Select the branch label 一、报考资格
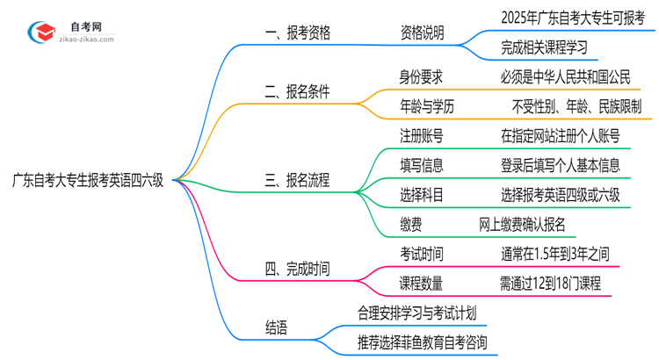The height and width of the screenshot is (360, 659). click(x=298, y=34)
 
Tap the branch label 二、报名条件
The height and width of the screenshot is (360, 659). click(x=298, y=91)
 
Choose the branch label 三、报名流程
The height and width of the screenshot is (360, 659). click(x=298, y=180)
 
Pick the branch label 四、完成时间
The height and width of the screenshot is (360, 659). click(x=298, y=269)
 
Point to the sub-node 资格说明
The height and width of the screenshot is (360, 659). click(x=422, y=34)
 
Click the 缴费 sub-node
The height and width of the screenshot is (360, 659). click(x=410, y=225)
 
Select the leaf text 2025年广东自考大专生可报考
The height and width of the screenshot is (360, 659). click(x=571, y=17)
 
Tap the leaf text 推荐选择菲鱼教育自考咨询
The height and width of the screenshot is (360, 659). click(x=422, y=342)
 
